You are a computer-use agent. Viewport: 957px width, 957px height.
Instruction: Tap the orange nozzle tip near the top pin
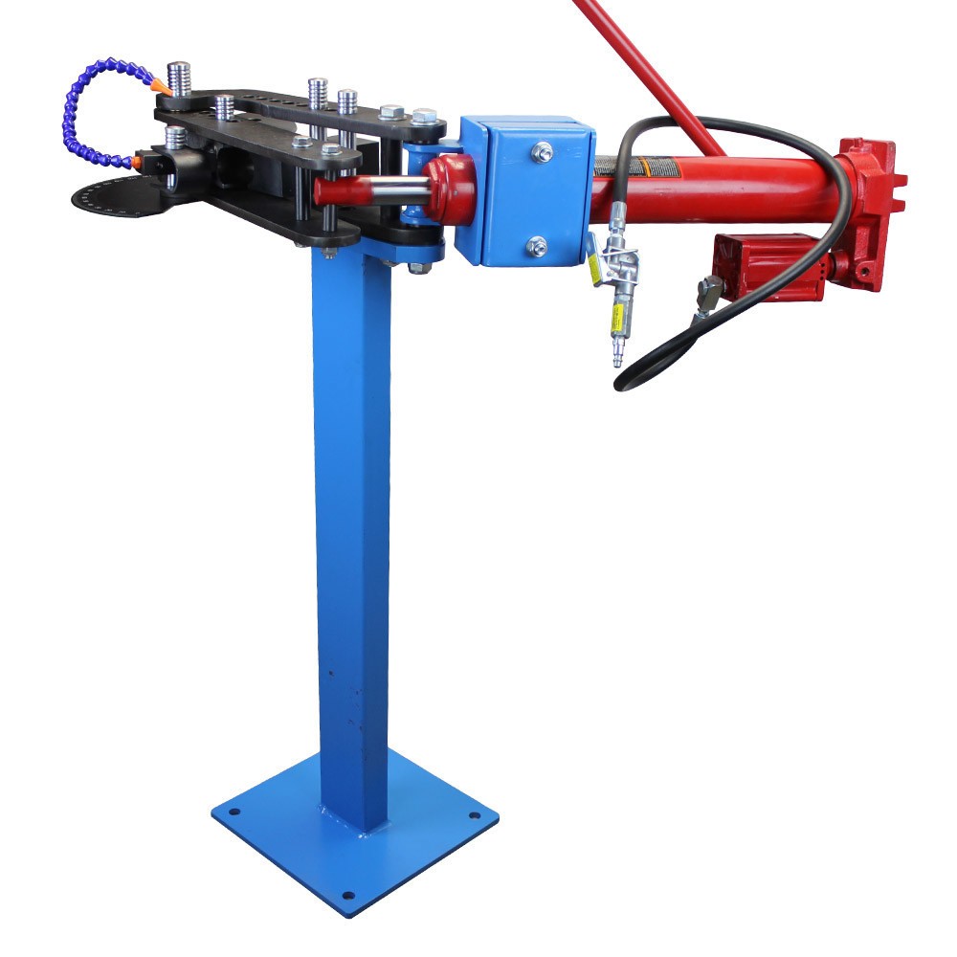tap(160, 87)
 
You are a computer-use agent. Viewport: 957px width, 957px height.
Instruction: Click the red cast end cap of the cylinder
tap(871, 211)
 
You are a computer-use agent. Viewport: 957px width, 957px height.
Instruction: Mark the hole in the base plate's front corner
tap(347, 897)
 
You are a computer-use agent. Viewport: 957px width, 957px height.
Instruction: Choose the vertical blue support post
tap(351, 526)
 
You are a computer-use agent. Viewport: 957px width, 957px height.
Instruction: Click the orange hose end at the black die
tap(141, 162)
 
